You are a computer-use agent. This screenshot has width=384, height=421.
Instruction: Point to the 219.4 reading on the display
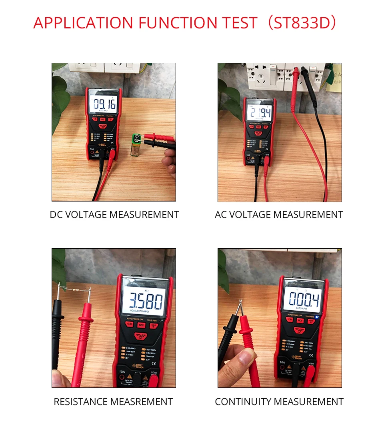[259, 112]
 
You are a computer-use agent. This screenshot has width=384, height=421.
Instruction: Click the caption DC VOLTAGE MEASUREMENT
[114, 215]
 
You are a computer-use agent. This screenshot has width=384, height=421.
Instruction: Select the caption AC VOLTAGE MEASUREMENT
[279, 215]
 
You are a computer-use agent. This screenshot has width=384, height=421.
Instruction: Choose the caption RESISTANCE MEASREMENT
[113, 401]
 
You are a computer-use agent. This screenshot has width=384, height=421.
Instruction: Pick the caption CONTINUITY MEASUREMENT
[279, 401]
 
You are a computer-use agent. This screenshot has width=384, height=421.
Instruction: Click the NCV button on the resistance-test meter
[141, 325]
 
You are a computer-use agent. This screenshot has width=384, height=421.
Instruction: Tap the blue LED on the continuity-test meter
[316, 317]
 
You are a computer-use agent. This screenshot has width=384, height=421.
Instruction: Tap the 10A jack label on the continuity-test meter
[282, 362]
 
